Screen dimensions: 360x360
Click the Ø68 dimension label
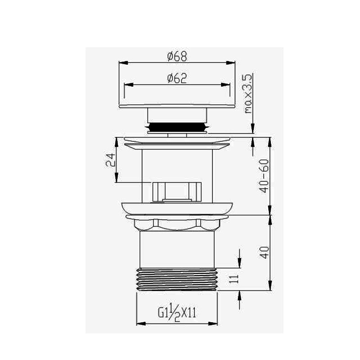coord(177,56)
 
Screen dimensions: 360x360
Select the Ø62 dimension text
coord(176,78)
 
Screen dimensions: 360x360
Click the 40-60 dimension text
coord(265,175)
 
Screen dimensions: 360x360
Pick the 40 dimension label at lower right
coord(265,252)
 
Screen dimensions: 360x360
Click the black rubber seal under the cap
coord(177,127)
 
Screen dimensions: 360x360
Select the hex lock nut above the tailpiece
coord(177,224)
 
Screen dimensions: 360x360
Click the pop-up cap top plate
coord(177,104)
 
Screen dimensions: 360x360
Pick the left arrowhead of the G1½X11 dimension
coord(139,323)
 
